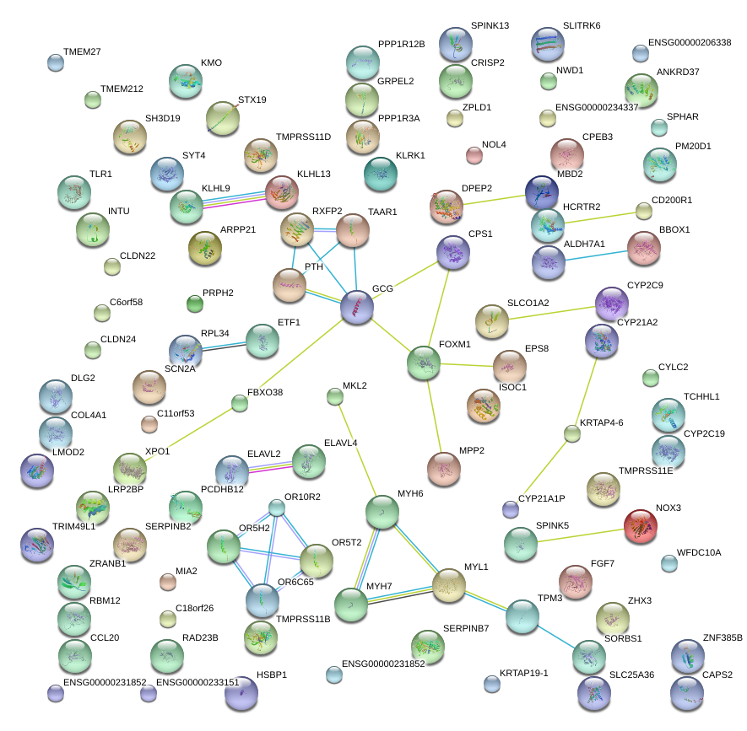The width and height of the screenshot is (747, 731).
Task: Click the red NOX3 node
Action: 641,527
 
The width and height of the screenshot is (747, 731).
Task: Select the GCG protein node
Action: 357,308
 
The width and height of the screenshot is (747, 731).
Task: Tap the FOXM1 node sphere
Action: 423,362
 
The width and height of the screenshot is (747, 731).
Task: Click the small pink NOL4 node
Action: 474,154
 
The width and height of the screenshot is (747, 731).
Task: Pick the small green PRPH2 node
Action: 195,303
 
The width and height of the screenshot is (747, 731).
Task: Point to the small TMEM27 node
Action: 55,62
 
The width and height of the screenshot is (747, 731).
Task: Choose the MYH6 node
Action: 382,513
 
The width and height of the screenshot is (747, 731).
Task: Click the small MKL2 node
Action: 333,395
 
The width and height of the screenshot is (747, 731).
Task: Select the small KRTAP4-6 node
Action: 572,433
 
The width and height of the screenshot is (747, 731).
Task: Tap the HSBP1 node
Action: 241,693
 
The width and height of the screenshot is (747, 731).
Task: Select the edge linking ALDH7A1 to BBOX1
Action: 597,254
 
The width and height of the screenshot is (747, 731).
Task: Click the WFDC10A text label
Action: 698,552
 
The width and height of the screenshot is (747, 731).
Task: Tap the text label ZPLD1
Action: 476,108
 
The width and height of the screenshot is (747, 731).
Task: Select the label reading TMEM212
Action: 122,89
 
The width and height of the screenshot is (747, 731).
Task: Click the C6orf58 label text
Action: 127,302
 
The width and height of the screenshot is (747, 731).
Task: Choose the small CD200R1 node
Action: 644,211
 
